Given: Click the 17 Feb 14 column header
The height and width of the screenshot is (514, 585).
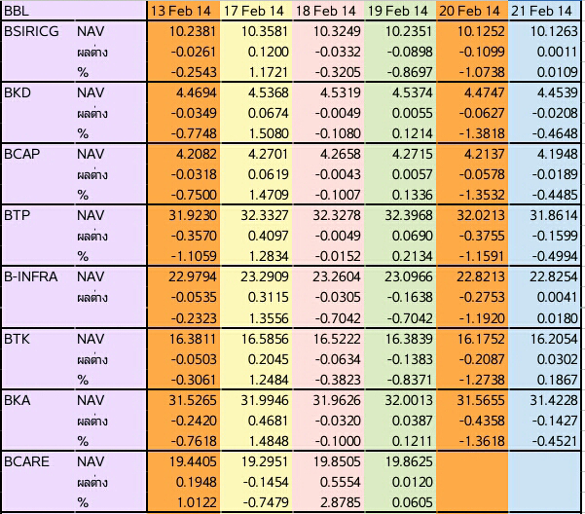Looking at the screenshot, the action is click(x=254, y=11).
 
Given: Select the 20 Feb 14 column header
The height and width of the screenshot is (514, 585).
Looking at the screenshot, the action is click(x=469, y=11).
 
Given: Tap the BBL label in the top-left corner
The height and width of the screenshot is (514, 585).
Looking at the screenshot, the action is click(x=17, y=11).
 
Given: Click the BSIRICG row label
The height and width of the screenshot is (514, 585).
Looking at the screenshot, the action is click(x=31, y=31).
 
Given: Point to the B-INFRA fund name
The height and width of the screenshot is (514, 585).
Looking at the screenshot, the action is click(x=30, y=276).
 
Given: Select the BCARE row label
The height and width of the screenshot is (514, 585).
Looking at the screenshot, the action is click(x=26, y=461).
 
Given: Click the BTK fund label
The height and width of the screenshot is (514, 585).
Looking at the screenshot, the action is click(x=17, y=339).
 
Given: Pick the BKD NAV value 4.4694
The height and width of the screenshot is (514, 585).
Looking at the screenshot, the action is click(x=197, y=92).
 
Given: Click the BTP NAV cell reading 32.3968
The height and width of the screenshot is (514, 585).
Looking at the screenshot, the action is click(x=409, y=215).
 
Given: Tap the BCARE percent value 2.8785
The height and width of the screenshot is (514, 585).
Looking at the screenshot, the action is click(x=341, y=502).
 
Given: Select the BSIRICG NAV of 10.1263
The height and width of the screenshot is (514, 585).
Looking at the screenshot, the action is click(x=554, y=31).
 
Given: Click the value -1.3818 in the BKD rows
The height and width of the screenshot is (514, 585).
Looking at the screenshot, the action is click(x=482, y=133).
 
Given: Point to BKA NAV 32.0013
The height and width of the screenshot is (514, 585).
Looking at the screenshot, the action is click(x=409, y=400).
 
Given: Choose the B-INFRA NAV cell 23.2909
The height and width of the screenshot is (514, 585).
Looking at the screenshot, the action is click(x=265, y=276).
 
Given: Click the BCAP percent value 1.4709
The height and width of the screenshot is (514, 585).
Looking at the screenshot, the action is click(x=269, y=195).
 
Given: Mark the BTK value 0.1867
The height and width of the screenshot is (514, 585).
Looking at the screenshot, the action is click(x=558, y=380).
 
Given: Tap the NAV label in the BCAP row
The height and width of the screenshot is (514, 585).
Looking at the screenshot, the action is click(x=91, y=154).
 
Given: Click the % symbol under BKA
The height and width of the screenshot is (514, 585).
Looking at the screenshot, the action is click(x=83, y=442).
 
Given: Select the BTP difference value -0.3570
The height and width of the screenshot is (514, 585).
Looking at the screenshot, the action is click(x=194, y=236).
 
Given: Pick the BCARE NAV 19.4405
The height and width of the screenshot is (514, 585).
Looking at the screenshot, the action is click(x=193, y=461).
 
